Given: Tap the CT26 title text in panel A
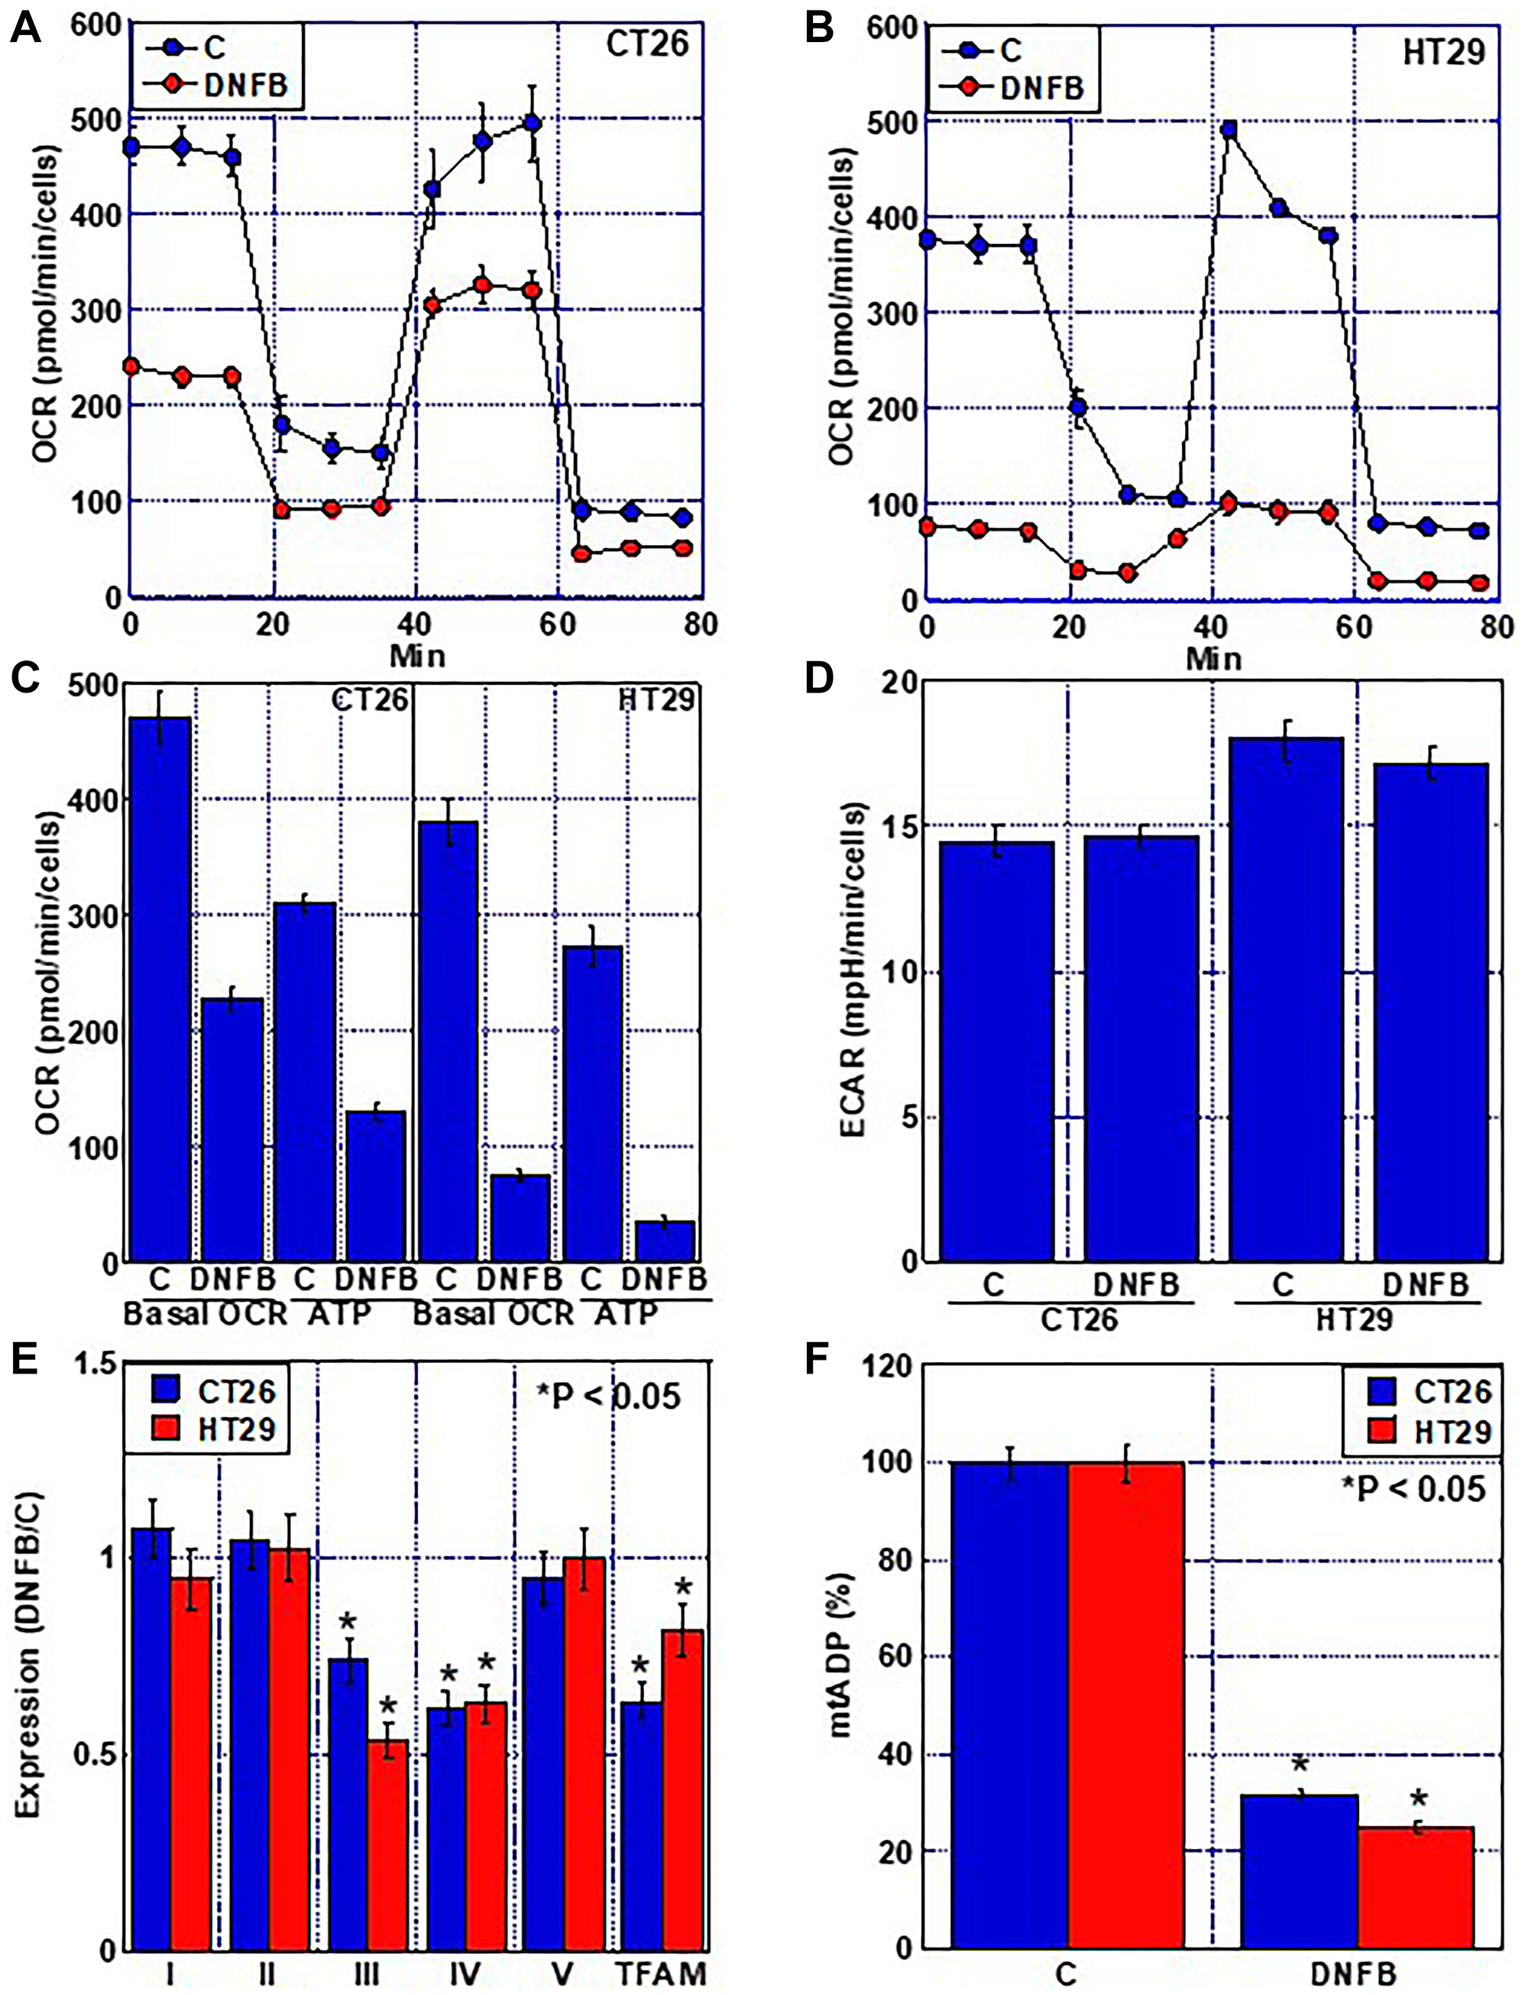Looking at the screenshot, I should click(648, 44).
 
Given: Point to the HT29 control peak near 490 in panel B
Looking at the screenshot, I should click(1229, 130).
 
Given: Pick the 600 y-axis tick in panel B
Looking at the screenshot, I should click(890, 28).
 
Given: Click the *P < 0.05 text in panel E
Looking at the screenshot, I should click(607, 1395).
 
